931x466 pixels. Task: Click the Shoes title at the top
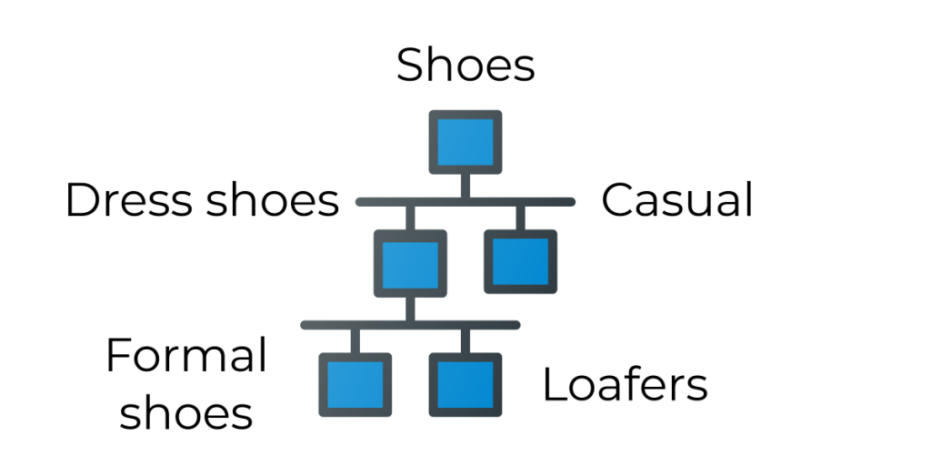(x=465, y=66)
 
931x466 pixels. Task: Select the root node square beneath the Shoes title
(x=465, y=142)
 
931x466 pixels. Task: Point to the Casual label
(x=677, y=200)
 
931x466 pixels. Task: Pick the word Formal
(x=186, y=356)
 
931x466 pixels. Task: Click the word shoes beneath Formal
(x=186, y=412)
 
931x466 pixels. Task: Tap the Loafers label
(x=625, y=385)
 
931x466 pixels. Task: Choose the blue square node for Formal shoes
(x=355, y=384)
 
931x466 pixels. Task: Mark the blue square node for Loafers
(x=465, y=384)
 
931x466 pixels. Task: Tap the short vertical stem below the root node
(x=465, y=185)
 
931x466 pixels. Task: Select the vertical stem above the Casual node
(x=520, y=218)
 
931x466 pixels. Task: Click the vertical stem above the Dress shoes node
(x=410, y=218)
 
